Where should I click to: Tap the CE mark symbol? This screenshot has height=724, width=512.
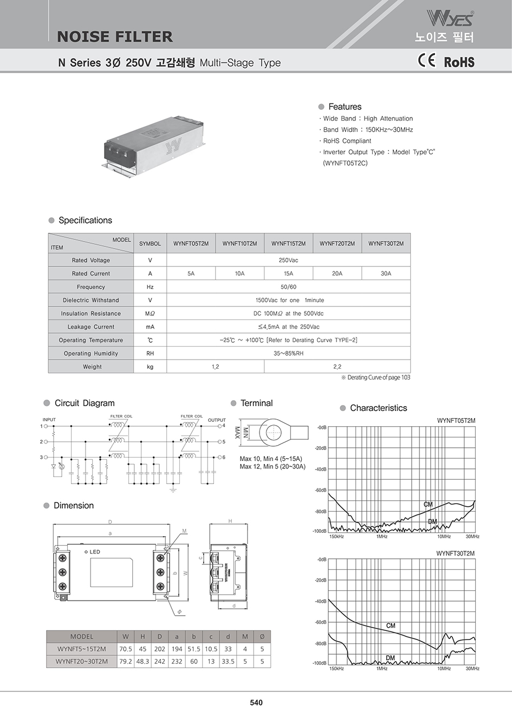[426, 60]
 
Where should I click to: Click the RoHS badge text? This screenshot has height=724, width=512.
[459, 62]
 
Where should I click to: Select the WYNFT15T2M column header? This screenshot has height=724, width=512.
[288, 244]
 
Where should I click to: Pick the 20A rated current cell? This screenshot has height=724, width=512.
[337, 273]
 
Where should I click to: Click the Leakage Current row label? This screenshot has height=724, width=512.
[91, 327]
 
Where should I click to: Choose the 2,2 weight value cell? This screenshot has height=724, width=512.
[337, 367]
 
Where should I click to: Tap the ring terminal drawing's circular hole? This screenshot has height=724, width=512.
[273, 432]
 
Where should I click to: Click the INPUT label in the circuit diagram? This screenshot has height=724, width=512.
[49, 420]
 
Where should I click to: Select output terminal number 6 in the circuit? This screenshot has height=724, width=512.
[223, 458]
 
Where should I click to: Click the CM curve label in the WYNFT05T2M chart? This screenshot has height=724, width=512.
[428, 505]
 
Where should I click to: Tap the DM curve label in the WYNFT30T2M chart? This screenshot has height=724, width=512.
[390, 658]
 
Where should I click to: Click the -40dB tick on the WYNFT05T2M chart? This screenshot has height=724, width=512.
[321, 469]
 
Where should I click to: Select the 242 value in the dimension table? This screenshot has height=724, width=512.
[159, 661]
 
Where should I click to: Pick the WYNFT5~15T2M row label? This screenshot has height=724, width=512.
[82, 649]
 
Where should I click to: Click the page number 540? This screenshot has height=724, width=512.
[256, 702]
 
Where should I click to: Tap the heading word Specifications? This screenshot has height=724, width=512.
[85, 220]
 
